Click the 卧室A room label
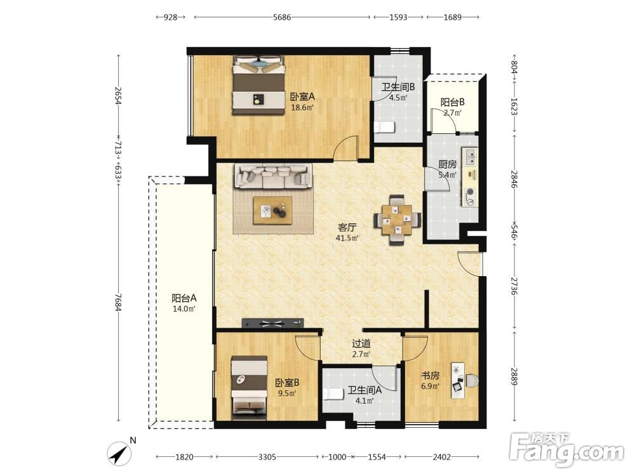click(x=302, y=97)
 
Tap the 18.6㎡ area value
click(x=302, y=108)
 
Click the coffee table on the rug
click(x=272, y=211)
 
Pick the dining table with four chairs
click(x=397, y=220)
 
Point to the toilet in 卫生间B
click(x=384, y=127)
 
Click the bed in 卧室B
click(x=249, y=388)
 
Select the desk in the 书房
click(x=460, y=380)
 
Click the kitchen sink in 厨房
click(x=470, y=157)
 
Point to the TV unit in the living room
click(x=272, y=323)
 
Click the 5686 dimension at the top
click(x=282, y=17)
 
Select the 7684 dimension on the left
click(x=118, y=302)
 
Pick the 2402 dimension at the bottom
click(x=441, y=457)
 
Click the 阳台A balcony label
click(x=184, y=298)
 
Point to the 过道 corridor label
click(x=361, y=343)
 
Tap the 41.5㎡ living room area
click(x=347, y=238)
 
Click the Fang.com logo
click(x=567, y=449)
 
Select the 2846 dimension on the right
click(x=514, y=180)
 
